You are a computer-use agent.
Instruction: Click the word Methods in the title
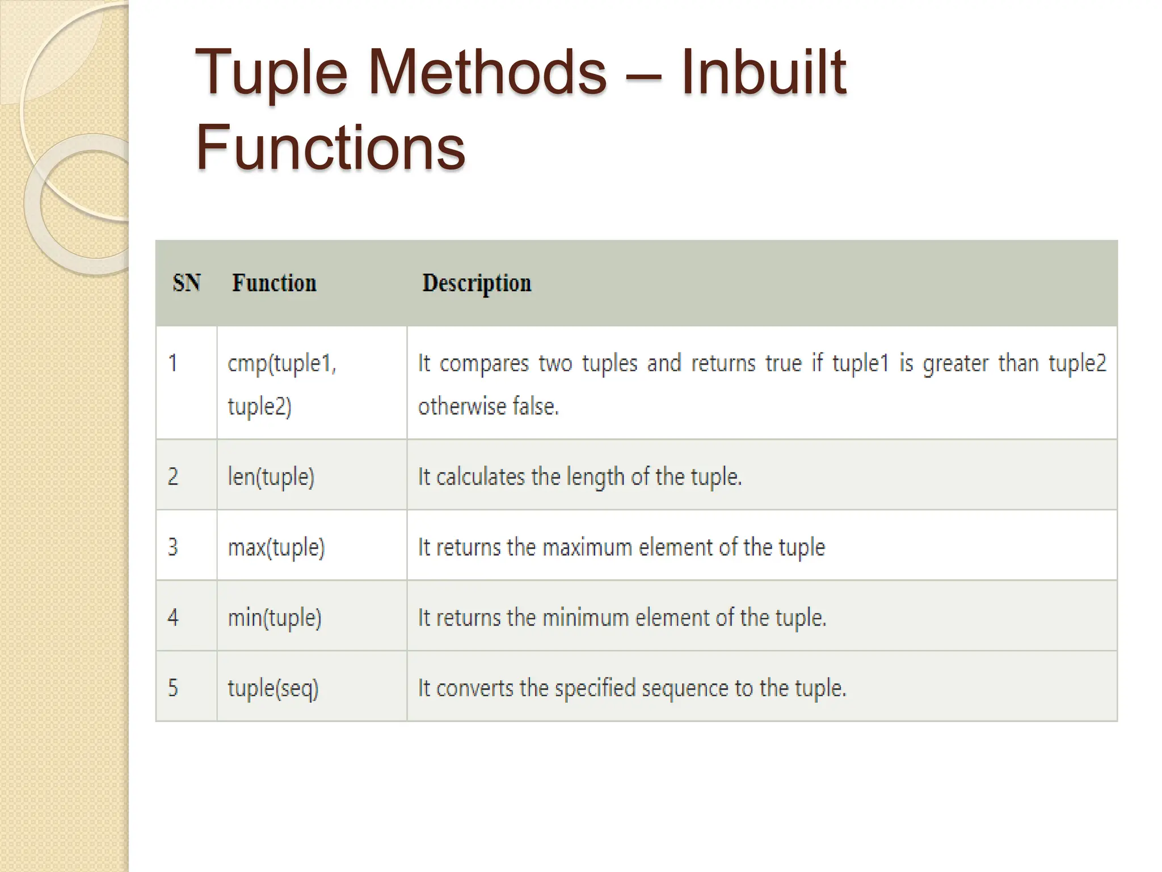click(x=487, y=73)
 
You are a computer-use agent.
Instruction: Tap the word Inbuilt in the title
click(x=763, y=73)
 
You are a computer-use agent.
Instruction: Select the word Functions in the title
click(x=330, y=148)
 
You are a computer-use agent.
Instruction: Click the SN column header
click(x=187, y=283)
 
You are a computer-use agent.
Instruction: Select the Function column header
click(x=274, y=283)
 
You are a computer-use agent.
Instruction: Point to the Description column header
click(x=477, y=283)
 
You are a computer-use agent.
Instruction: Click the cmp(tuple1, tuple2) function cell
click(x=282, y=384)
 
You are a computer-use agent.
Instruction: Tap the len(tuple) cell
click(x=271, y=477)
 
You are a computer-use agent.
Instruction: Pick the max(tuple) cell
click(x=276, y=547)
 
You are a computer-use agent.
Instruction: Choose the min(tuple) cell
click(x=275, y=618)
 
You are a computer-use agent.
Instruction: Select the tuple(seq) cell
click(x=273, y=688)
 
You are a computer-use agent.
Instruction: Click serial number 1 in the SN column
click(x=173, y=363)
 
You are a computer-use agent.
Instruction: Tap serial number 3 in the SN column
click(x=173, y=547)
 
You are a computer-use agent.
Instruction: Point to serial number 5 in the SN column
click(x=173, y=688)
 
